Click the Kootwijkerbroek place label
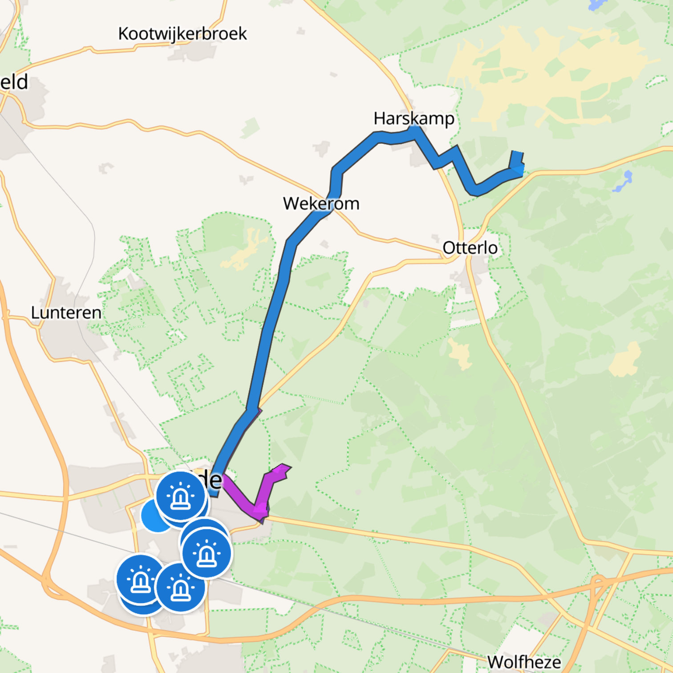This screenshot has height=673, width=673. click(182, 34)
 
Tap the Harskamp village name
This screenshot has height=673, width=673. click(414, 118)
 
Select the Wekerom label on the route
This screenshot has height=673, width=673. click(321, 203)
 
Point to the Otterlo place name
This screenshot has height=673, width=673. click(470, 248)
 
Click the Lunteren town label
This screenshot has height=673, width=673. click(66, 312)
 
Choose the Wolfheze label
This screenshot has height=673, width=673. click(524, 662)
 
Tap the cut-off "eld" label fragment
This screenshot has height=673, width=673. click(14, 82)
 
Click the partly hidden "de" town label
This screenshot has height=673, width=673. click(213, 480)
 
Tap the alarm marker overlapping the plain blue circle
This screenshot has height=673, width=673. click(180, 496)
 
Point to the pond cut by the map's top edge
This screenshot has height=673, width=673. click(595, 5)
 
